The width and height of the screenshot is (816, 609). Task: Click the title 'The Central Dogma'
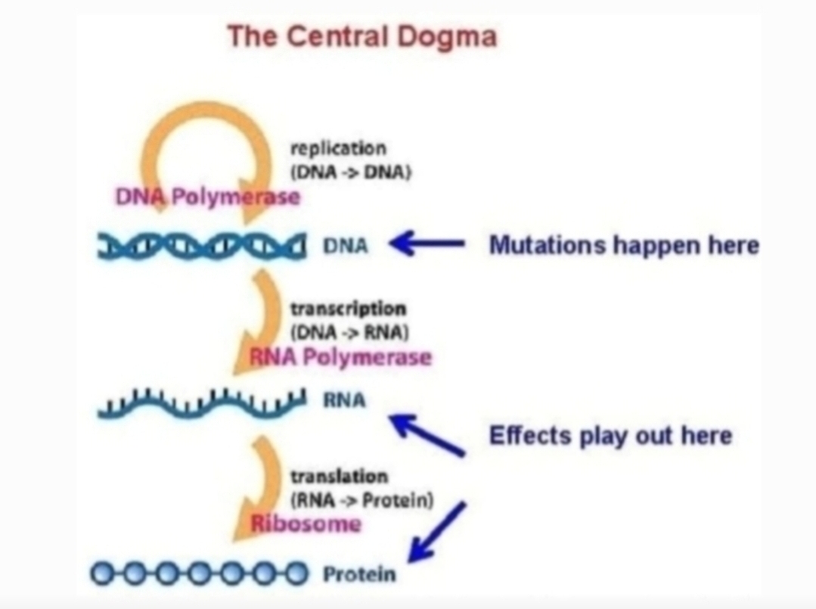(x=362, y=36)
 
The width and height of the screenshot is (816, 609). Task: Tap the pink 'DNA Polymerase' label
(x=208, y=197)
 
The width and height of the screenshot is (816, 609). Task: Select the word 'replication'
(x=338, y=148)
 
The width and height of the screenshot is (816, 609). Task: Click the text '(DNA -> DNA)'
(x=351, y=172)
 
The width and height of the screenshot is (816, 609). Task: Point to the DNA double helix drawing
(x=201, y=246)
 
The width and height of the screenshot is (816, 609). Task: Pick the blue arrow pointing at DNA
(x=427, y=243)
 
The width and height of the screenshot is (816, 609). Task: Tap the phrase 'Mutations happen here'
(x=624, y=244)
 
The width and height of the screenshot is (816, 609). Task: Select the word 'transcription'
(x=348, y=309)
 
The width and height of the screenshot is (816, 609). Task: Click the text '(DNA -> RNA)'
(x=349, y=332)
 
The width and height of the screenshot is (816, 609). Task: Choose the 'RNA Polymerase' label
(x=340, y=357)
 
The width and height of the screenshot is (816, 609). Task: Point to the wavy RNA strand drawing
(x=202, y=403)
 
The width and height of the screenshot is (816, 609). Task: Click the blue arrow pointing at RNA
(x=427, y=435)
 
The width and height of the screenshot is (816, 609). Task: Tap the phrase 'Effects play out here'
(x=610, y=436)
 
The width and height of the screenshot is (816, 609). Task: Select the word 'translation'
(x=339, y=477)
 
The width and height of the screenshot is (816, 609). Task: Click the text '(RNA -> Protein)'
(x=361, y=500)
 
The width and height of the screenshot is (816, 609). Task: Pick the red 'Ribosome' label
(x=306, y=524)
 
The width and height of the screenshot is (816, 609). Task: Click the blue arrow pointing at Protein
(x=437, y=532)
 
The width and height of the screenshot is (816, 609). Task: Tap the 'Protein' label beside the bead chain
(x=359, y=574)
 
